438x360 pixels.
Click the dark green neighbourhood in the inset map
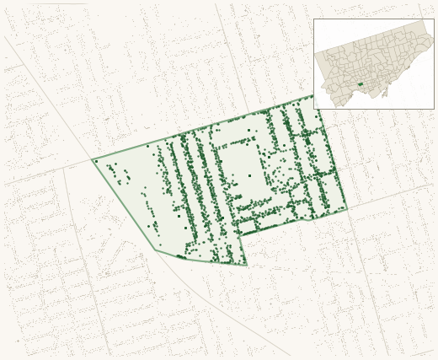pyautogui.click(x=360, y=83)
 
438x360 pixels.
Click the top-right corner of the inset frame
pyautogui.click(x=434, y=19)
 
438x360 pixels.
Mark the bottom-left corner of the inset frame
pyautogui.click(x=314, y=109)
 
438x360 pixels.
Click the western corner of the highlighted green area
pyautogui.click(x=93, y=159)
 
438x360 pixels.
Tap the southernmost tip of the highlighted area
pyautogui.click(x=246, y=265)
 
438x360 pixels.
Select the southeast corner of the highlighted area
pyautogui.click(x=346, y=208)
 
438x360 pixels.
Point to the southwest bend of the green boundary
pyautogui.click(x=156, y=250)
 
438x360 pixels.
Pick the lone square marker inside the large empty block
pyautogui.click(x=249, y=175)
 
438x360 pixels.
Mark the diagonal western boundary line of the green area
pyautogui.click(x=125, y=205)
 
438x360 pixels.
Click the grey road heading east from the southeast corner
pyautogui.click(x=387, y=197)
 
